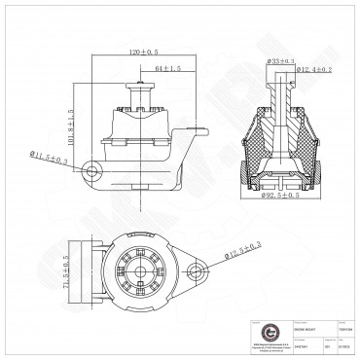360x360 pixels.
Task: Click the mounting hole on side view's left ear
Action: click(93, 172)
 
